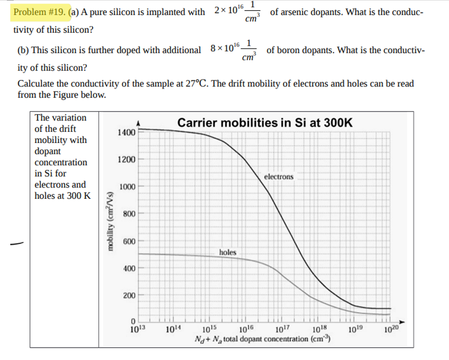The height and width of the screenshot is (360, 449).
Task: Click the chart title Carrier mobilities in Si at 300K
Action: (x=265, y=122)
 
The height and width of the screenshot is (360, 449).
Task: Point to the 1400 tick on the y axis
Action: (x=126, y=132)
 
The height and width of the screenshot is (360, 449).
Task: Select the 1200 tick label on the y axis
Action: (x=126, y=160)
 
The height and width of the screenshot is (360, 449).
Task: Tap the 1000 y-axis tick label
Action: (x=126, y=187)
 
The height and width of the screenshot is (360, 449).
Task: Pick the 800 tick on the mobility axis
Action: (x=128, y=215)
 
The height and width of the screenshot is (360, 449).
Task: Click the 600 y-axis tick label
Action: (x=128, y=242)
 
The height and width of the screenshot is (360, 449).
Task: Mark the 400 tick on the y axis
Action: (x=128, y=269)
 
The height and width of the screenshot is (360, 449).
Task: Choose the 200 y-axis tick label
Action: (x=128, y=296)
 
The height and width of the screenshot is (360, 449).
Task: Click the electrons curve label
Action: (x=279, y=176)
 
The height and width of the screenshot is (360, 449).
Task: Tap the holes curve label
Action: (x=227, y=252)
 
